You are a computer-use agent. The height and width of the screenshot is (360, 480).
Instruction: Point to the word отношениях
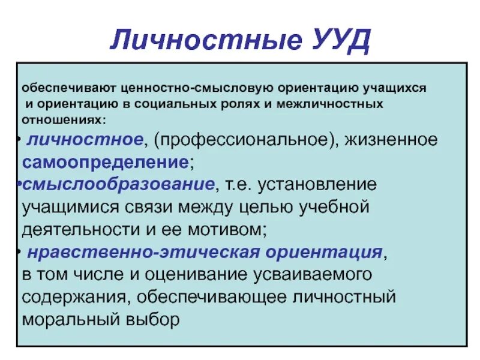(62, 119)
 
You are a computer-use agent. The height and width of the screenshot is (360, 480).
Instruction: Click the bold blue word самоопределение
(105, 162)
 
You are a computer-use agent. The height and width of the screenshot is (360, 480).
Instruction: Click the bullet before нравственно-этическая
(20, 251)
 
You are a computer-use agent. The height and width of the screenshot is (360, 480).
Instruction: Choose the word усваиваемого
(305, 274)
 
